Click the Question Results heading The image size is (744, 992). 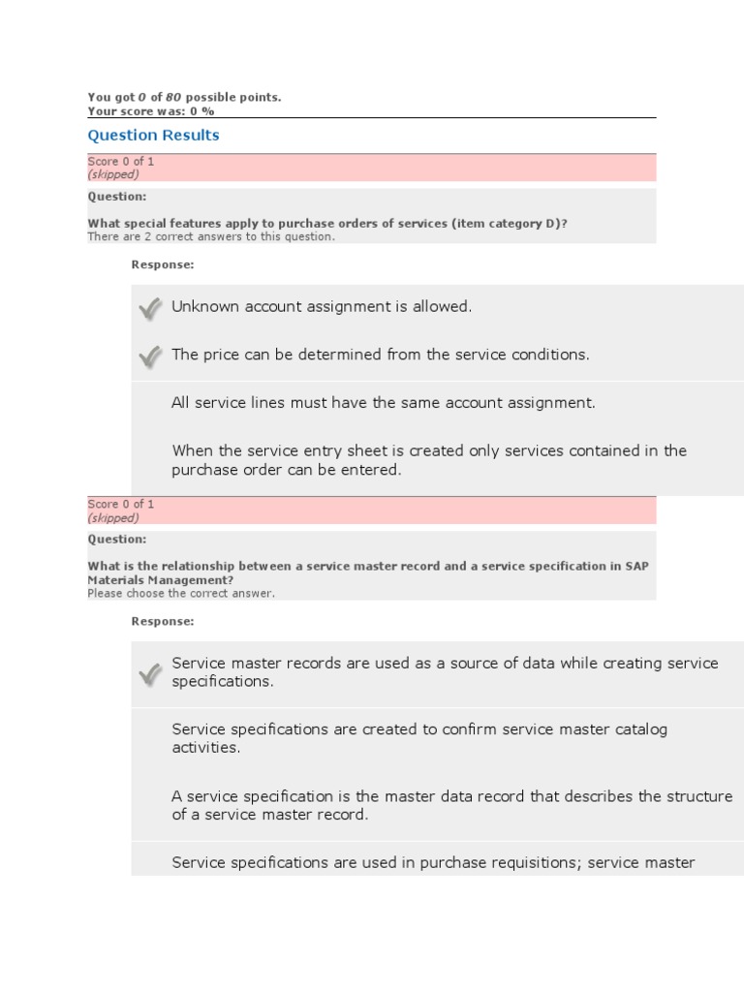point(153,136)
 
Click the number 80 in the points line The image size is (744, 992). point(173,97)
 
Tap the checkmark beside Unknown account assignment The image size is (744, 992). point(149,308)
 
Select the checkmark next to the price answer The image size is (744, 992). point(149,356)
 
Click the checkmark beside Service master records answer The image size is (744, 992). point(149,674)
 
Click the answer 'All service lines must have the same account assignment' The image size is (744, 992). point(384,403)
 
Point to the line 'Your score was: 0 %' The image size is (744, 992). point(150,111)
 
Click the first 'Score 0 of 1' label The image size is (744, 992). point(121,162)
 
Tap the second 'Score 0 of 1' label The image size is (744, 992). point(121,505)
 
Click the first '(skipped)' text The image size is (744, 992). point(113,175)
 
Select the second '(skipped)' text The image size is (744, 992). point(113,518)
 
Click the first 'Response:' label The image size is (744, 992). point(163,264)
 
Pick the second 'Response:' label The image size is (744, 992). point(163,621)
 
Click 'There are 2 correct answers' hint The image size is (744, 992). point(211,237)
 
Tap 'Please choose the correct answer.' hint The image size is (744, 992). point(181,594)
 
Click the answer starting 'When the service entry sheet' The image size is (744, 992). point(429,460)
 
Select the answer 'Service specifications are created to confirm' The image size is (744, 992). point(419,738)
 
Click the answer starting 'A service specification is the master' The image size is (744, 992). point(451,805)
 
